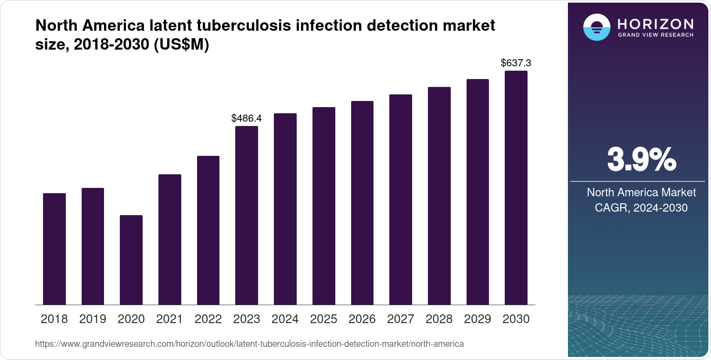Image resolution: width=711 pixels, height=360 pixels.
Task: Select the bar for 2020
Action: [x=131, y=260]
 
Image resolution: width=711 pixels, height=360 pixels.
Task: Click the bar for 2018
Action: [x=54, y=249]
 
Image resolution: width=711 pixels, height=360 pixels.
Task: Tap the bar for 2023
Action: [x=246, y=216]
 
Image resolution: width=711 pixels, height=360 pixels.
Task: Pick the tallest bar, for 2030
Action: [x=516, y=188]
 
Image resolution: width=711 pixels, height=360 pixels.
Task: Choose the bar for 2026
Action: [x=362, y=203]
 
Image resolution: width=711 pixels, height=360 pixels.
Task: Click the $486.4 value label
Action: [x=246, y=118]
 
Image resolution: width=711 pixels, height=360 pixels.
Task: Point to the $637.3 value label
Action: [x=516, y=63]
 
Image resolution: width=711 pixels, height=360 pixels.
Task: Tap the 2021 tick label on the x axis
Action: [x=169, y=319]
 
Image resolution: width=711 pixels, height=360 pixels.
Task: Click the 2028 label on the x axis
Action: [x=439, y=319]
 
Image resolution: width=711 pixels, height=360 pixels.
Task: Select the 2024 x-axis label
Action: [x=285, y=319]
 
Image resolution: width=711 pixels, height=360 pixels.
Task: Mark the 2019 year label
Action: [x=93, y=319]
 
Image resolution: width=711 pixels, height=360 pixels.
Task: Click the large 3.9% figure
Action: [x=641, y=160]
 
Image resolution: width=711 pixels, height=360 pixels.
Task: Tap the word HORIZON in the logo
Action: [x=655, y=24]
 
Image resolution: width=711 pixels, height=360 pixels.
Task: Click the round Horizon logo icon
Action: [x=596, y=27]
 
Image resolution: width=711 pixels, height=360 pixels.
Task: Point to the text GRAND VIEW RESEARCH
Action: [x=655, y=35]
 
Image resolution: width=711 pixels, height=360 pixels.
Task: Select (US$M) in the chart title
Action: [x=181, y=44]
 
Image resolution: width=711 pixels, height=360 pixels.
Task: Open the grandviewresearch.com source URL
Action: [x=249, y=344]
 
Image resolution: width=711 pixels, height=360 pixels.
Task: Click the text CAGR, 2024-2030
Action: [x=641, y=208]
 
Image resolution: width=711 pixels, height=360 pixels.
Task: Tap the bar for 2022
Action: [x=208, y=230]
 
